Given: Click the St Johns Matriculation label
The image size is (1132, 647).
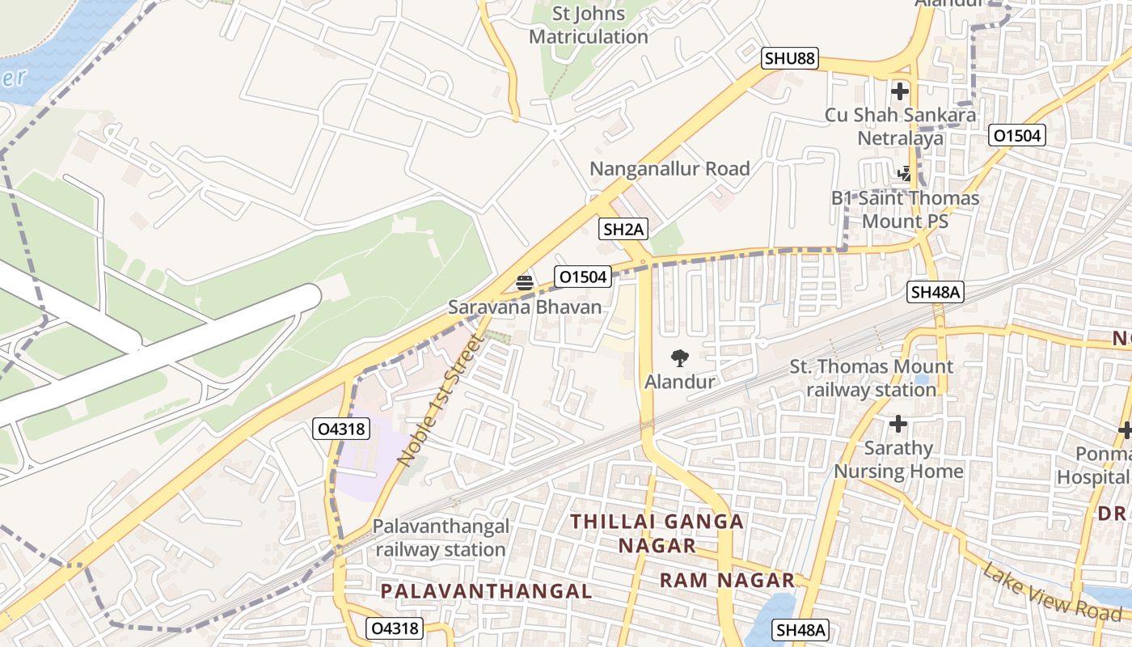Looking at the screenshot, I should (x=589, y=25).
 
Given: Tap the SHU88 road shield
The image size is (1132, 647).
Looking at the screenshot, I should (x=790, y=58).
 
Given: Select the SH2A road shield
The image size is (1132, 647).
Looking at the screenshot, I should (x=624, y=230).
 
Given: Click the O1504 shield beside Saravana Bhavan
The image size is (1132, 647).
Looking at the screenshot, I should (x=582, y=277).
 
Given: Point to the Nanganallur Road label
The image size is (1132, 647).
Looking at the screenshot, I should (x=669, y=169).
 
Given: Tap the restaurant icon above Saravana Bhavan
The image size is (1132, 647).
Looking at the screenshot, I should (x=525, y=282).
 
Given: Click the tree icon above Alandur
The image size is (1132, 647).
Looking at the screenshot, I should (x=680, y=357).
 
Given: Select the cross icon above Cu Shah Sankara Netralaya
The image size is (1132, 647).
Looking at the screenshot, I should (x=899, y=91).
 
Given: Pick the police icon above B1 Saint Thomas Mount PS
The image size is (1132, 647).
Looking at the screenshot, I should (x=905, y=173).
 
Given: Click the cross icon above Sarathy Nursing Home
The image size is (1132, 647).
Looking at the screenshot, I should (x=898, y=424).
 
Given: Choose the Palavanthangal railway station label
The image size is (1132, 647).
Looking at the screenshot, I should (x=441, y=538).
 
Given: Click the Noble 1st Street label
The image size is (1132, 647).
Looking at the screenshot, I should (x=440, y=401).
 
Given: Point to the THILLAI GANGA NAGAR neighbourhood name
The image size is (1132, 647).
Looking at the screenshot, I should (x=657, y=534).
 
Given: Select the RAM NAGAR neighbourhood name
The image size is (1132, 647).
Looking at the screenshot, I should (x=727, y=581).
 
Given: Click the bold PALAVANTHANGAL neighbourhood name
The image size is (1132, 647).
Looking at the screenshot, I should (x=486, y=591).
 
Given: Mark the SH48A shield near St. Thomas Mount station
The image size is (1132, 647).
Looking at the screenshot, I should (x=936, y=293).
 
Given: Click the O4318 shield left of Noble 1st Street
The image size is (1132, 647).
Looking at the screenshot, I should (x=341, y=429).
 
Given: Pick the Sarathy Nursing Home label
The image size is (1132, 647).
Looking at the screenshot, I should (x=898, y=460).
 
